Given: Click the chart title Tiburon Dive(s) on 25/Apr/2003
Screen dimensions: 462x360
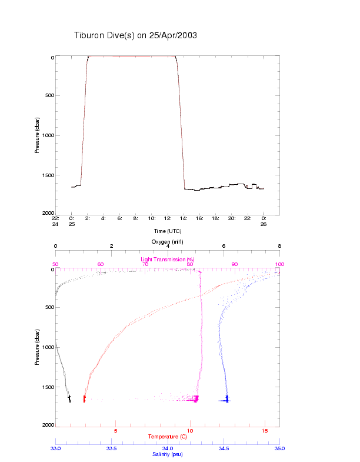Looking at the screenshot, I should coord(135,35).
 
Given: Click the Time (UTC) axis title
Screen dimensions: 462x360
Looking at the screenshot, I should coord(168,231).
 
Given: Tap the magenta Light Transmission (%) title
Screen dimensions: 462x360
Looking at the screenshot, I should coord(168,260).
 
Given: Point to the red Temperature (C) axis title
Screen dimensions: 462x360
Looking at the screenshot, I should coord(168,437).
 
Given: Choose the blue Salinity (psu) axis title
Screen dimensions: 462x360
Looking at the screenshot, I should coord(168,454).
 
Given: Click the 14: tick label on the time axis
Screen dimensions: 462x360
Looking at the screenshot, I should coord(184,218).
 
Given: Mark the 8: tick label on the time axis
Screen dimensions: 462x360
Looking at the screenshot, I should coord(136,218).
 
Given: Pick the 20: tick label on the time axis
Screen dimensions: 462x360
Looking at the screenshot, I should coord(232,218).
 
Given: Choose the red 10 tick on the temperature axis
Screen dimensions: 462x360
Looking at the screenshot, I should coord(190,431).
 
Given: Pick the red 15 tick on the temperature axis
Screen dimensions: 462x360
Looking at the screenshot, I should coord(265,431).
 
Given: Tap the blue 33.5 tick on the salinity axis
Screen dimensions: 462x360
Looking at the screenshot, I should coord(111,448).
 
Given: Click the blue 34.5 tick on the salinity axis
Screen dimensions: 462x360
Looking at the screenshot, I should coord(224,448).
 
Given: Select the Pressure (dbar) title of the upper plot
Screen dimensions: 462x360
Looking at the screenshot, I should coord(37,135).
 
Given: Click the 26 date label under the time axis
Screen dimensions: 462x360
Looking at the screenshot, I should coord(264,224).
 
